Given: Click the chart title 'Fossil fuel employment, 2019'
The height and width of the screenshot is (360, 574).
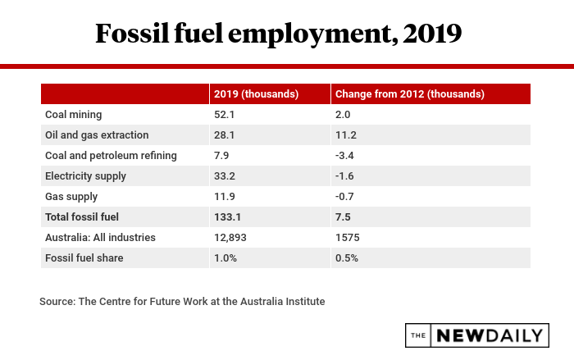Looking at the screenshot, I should tap(279, 33).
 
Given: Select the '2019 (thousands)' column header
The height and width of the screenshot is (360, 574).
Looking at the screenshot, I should tap(255, 93).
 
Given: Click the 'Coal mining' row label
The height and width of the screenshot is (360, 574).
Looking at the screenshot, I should tap(73, 114).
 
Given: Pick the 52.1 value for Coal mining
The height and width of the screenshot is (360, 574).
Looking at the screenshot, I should tap(225, 114).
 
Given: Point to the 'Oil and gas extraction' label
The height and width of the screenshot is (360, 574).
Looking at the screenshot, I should tap(98, 134).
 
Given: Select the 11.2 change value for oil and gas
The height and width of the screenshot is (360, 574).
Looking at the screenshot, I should tap(348, 134).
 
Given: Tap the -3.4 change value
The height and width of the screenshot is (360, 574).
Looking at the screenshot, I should tap(347, 155).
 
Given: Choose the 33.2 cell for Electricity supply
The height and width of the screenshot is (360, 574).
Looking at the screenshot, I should tap(225, 175).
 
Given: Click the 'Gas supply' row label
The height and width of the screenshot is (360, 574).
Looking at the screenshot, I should tap(71, 196).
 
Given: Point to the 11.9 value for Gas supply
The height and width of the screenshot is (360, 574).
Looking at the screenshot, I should tap(225, 196).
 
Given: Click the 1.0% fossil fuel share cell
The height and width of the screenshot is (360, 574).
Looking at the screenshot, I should tap(226, 257).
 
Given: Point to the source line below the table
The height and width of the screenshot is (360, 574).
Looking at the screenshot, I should tap(182, 301).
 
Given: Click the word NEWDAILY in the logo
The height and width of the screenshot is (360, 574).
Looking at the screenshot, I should tap(490, 335).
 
